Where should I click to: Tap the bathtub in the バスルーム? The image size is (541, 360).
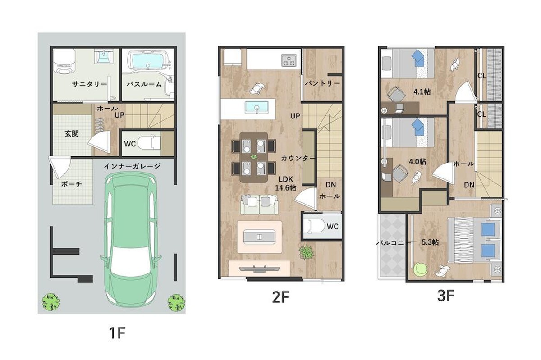pos(147,61)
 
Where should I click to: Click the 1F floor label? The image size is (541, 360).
pos(117,333)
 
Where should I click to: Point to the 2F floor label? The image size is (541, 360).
pos(280,297)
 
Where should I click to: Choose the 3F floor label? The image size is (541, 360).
pos(445,296)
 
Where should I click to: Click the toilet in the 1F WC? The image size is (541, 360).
pos(149,143)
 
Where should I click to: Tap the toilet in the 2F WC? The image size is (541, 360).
pos(314,226)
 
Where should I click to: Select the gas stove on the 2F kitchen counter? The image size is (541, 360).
pos(289,60)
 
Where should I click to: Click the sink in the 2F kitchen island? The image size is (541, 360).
pos(257,107)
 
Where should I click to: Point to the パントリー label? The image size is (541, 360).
pos(322,83)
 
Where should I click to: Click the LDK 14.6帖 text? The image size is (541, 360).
pos(286,183)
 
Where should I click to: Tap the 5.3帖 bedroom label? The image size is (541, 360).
pos(430,242)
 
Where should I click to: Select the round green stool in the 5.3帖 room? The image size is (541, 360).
pos(420,269)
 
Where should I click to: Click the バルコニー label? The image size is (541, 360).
pos(394,243)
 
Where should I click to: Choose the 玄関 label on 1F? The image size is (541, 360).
pos(72,133)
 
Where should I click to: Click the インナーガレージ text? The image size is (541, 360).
pos(132,166)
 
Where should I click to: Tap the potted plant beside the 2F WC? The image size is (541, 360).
pos(307,252)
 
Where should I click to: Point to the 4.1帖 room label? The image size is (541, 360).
pos(422,92)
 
